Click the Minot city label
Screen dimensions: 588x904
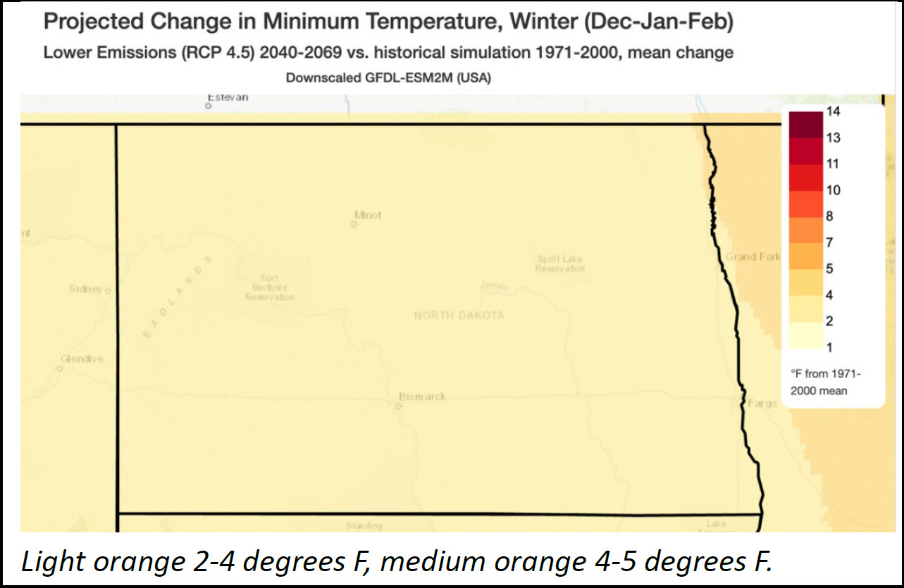[368, 215]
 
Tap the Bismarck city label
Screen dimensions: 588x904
[423, 397]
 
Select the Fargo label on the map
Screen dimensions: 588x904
[762, 404]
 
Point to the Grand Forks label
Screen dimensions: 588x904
[753, 257]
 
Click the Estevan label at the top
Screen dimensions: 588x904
[228, 97]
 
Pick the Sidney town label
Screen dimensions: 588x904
[85, 289]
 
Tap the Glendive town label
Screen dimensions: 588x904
[82, 359]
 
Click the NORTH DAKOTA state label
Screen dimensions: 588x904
[459, 315]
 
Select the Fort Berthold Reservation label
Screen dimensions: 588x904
[269, 287]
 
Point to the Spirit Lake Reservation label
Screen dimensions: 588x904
[560, 264]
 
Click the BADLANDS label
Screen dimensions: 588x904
[177, 299]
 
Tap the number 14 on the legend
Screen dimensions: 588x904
[834, 111]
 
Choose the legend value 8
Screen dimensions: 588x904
[830, 216]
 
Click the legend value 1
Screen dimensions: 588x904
[830, 347]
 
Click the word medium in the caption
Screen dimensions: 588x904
[529, 562]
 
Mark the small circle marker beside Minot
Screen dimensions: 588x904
[354, 225]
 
